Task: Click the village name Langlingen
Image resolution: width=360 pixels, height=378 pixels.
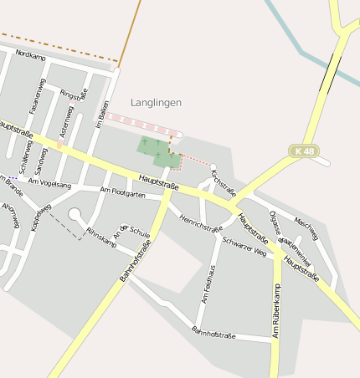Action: point(156,102)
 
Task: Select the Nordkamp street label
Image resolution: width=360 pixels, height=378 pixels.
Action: point(30,55)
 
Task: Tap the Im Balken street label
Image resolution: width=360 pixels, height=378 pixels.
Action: point(100,113)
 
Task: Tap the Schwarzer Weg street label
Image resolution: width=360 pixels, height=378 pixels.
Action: point(244,245)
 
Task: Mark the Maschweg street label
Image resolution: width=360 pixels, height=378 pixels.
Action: point(306,226)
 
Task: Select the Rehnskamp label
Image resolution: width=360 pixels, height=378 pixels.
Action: point(100,237)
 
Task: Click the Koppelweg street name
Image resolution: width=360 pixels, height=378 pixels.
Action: point(39,217)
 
